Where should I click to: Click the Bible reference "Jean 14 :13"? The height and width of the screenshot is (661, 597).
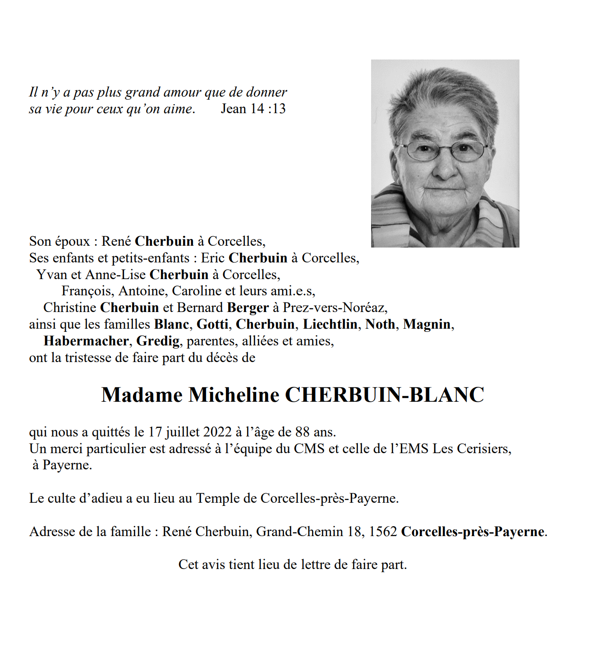coord(253,109)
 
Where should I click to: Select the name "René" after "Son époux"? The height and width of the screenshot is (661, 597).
coord(116,241)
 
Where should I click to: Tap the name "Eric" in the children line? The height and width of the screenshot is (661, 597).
coord(212,258)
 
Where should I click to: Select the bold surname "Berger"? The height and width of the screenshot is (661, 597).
coord(248,308)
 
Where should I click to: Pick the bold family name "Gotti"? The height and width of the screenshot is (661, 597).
coord(212,325)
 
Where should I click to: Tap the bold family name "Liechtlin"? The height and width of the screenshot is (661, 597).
coord(330,325)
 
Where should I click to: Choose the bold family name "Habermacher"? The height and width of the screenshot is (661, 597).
coord(86,341)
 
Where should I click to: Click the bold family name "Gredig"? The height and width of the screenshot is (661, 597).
coord(158,341)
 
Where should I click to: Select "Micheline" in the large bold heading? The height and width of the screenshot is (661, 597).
coord(234,395)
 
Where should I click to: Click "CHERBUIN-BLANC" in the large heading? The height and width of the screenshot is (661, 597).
coord(385,395)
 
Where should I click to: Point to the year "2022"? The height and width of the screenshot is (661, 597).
coord(217,432)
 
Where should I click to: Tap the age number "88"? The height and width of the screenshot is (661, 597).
coord(302,432)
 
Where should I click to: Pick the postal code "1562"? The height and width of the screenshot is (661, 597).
coord(383,532)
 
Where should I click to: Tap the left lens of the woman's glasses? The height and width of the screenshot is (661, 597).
coord(422,151)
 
